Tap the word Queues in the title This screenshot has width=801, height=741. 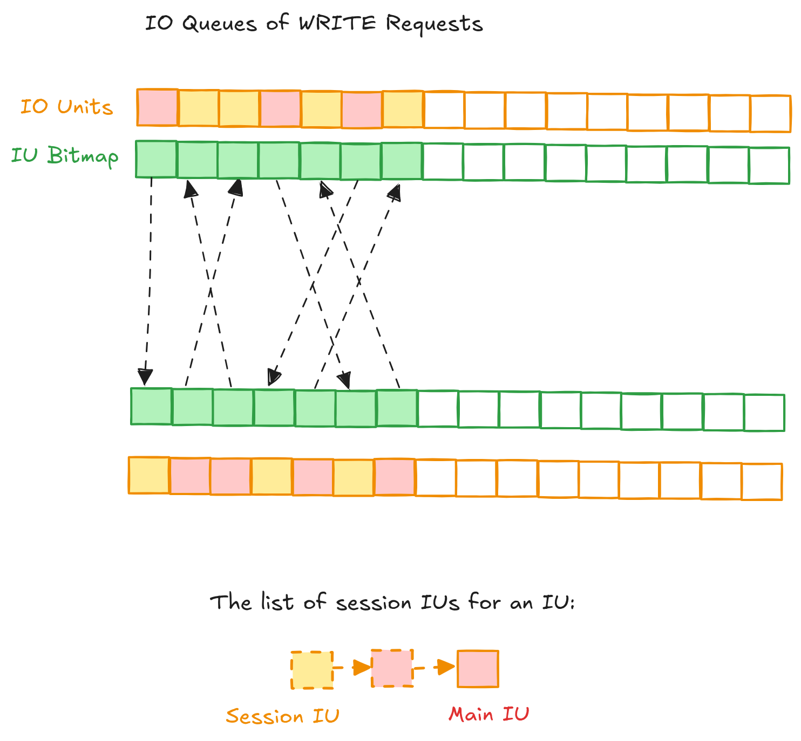click(219, 24)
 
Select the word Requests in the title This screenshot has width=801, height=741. click(434, 24)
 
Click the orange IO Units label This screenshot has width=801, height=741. click(66, 107)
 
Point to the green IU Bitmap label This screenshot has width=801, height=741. click(65, 156)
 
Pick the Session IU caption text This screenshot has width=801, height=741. click(282, 716)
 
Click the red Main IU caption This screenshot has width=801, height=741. click(488, 715)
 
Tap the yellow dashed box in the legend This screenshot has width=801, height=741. click(312, 670)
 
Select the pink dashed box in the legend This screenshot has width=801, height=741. click(392, 668)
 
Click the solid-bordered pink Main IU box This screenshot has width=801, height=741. click(478, 669)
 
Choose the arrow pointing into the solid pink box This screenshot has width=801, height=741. click(436, 668)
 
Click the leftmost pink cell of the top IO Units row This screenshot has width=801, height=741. click(157, 107)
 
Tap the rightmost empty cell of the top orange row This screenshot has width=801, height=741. click(770, 113)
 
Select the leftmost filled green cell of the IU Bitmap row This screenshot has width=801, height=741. click(156, 159)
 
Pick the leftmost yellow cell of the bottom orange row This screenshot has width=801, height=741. click(149, 475)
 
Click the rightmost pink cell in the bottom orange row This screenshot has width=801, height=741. click(395, 477)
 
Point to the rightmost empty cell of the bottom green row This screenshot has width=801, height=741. click(764, 413)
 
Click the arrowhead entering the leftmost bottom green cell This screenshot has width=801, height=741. click(145, 377)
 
